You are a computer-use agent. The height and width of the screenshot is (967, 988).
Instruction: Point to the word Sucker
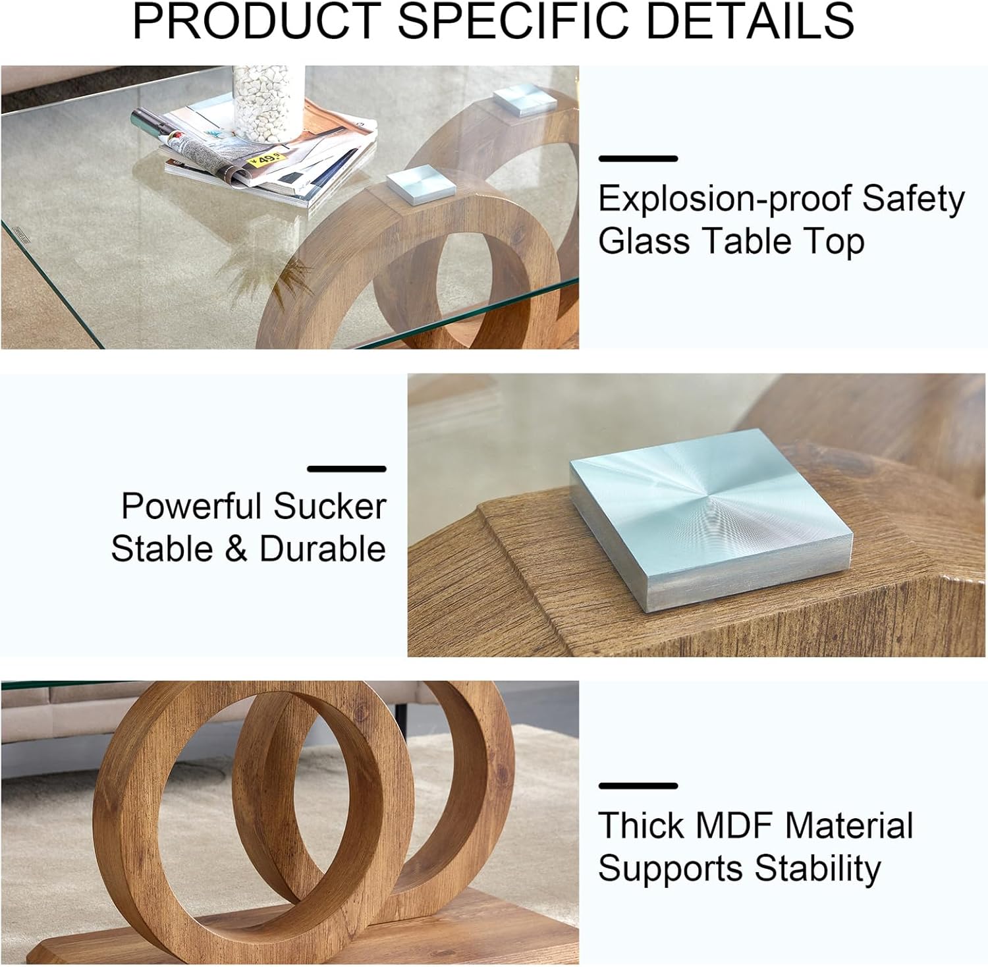click(329, 507)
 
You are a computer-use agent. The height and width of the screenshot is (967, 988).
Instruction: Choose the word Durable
click(323, 549)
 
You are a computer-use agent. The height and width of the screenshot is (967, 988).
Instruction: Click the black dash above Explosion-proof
click(638, 158)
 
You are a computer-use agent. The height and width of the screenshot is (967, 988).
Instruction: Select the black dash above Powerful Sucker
click(346, 469)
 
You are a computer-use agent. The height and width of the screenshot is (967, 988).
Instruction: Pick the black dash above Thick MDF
click(638, 785)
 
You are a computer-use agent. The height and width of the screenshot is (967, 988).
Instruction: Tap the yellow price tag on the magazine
click(266, 157)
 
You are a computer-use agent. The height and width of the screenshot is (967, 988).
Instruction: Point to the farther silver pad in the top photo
click(525, 101)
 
